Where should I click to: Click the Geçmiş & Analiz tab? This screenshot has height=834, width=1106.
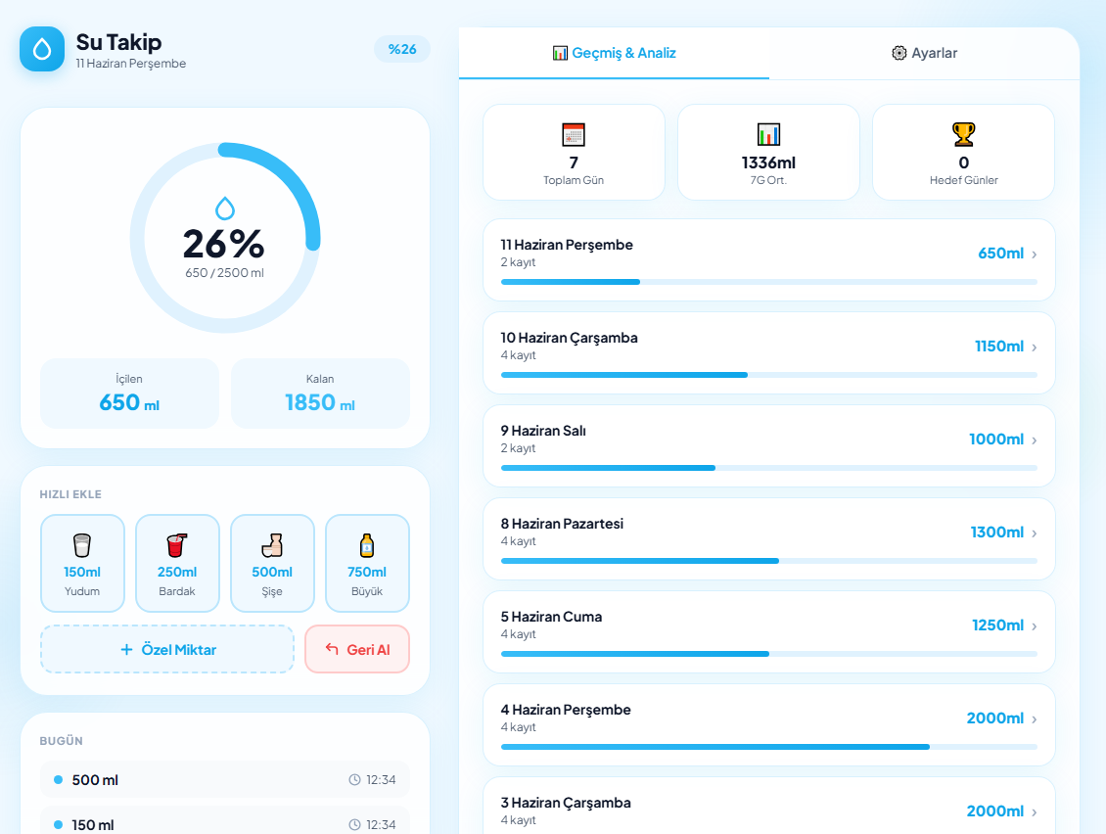(614, 53)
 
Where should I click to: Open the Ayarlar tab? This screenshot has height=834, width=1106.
(924, 53)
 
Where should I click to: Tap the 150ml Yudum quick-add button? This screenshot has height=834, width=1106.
(82, 563)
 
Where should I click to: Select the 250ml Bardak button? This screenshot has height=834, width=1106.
(177, 563)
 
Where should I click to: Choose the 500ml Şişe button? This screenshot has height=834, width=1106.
(272, 563)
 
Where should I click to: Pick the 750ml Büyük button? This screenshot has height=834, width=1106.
(367, 563)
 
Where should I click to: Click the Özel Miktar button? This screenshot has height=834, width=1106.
(167, 649)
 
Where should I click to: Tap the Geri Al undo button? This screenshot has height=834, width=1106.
(357, 649)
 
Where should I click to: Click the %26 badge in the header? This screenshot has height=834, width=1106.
(402, 49)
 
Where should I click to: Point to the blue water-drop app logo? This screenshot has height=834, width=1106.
(42, 49)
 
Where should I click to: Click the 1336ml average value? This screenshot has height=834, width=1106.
(768, 163)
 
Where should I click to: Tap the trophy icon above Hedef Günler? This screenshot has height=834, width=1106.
(963, 133)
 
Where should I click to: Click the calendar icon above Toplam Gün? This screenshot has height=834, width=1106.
(574, 134)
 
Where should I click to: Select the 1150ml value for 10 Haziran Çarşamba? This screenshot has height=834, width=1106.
(998, 347)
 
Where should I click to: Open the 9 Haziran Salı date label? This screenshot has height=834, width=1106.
(543, 431)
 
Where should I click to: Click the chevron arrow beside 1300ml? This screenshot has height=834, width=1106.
(1034, 533)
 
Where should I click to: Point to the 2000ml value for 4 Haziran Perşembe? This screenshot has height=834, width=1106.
(994, 718)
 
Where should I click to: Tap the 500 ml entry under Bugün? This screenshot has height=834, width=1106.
(225, 779)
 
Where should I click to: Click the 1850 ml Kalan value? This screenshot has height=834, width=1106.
(319, 402)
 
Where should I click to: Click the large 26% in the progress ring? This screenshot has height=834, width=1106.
(223, 244)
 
